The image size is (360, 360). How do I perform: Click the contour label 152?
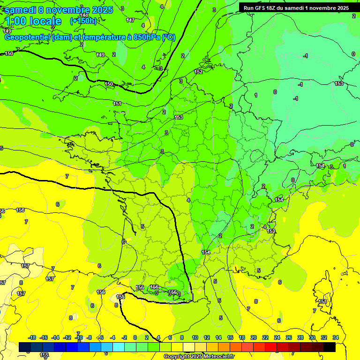198,72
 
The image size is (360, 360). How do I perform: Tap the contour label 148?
84,15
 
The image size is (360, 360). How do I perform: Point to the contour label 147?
130,20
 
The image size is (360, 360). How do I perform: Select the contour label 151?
118,104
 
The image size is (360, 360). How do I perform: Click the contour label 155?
120,297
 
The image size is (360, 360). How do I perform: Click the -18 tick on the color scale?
32,337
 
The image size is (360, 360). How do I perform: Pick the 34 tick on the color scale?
335,337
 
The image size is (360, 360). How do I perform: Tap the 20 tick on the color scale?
253,337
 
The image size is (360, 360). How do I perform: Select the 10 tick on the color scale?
195,337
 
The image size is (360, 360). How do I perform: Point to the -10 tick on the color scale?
78,337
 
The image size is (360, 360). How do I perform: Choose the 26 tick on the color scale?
288,337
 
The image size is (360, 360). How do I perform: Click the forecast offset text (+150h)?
83,21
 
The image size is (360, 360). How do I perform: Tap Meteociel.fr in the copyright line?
217,357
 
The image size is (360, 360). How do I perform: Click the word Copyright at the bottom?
176,357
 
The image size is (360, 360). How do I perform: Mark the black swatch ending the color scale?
329,347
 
